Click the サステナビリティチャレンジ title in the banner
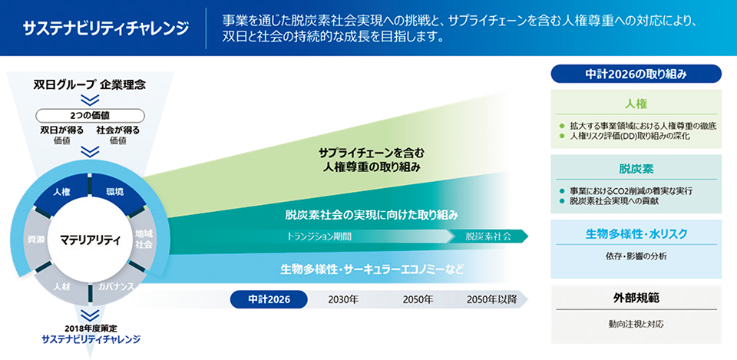coord(106,28)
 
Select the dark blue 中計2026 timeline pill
coord(269,299)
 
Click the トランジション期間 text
coord(319,236)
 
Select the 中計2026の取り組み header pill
coord(636,74)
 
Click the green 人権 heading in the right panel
coord(636,104)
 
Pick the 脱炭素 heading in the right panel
coord(636,169)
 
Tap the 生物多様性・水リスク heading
coord(636,234)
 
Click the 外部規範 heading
coord(636,299)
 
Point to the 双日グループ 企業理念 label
coord(89,85)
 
